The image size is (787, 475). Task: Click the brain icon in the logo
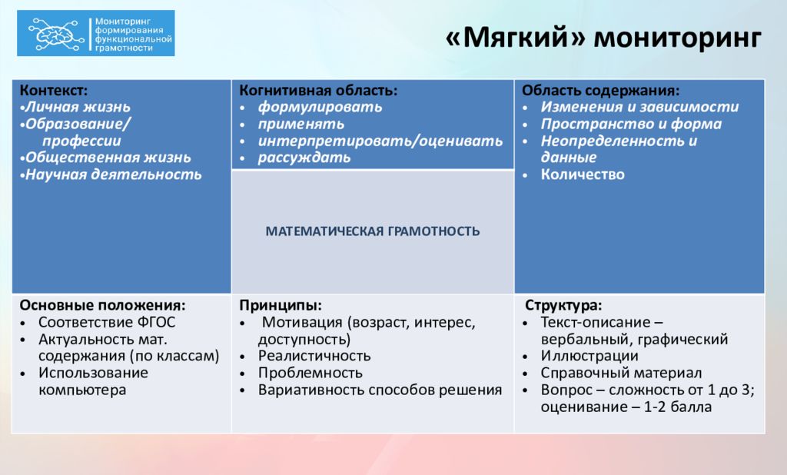[55, 34]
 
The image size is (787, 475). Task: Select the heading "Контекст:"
[53, 91]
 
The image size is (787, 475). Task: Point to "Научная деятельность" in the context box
[114, 174]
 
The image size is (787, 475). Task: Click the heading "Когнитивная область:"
[318, 91]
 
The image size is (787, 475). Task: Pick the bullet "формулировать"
[320, 108]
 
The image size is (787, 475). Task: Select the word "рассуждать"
[304, 158]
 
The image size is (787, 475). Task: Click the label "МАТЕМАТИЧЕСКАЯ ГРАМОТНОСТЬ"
[373, 231]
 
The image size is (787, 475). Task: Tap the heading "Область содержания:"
[600, 91]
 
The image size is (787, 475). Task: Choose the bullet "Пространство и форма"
[631, 124]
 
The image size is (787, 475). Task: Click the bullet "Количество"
[583, 174]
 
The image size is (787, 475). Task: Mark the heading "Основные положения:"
[102, 305]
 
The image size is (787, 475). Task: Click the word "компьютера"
[82, 390]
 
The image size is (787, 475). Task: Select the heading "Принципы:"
[281, 305]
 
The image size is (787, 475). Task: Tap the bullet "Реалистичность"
[314, 356]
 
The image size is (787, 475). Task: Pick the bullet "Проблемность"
[310, 373]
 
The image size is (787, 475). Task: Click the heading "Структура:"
[563, 305]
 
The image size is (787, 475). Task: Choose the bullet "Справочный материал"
[621, 373]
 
